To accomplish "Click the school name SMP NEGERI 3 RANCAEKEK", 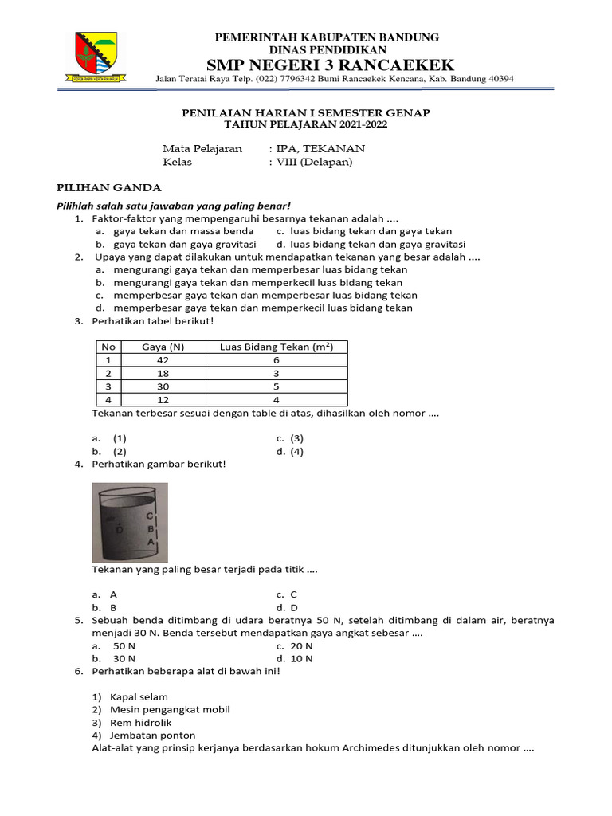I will coord(331,65).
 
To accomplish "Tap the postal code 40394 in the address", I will coord(497,79).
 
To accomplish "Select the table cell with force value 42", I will coord(163,360).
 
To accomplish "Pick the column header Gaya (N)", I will coord(163,347).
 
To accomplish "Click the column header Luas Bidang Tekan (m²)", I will coord(276,347).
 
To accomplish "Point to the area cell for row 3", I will coord(276,386).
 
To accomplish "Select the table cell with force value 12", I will coord(163,399).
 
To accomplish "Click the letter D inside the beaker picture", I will coord(119,528).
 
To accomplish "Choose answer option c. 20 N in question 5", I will coord(295,646).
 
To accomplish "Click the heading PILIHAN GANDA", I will coord(108,188).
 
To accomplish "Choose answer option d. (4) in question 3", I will coord(290,452).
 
